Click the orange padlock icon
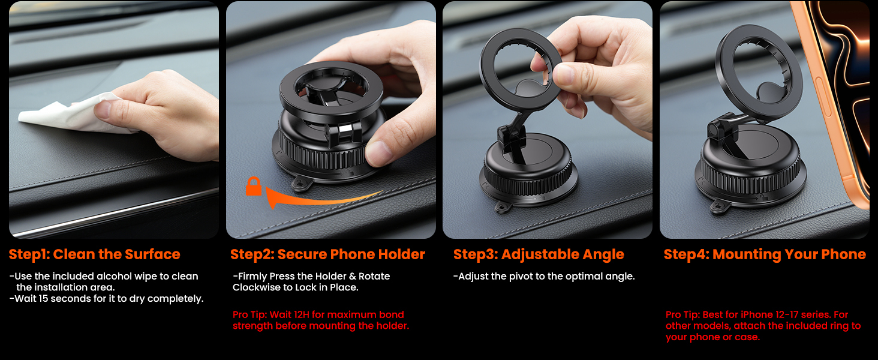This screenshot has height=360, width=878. [253, 187]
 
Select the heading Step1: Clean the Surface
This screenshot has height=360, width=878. [94, 254]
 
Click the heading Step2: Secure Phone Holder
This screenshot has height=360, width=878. [327, 254]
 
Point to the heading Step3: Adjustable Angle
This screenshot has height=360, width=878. [539, 254]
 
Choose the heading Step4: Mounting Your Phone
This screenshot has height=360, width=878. [765, 254]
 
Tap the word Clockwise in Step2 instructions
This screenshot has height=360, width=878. [255, 287]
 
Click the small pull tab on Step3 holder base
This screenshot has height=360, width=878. [500, 206]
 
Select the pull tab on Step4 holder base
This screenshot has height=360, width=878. [716, 206]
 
